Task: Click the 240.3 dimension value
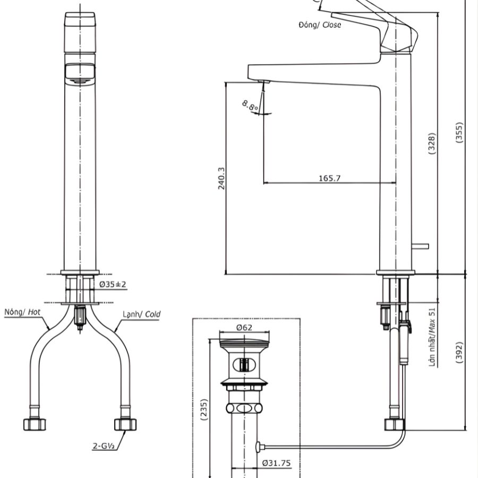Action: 221,178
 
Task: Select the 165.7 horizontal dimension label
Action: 329,178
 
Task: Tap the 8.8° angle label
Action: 250,105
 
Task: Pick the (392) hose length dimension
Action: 460,352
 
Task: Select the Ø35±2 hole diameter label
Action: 113,285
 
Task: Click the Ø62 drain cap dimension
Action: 244,328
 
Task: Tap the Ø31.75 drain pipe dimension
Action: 276,463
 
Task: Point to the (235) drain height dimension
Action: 204,410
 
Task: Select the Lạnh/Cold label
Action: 141,314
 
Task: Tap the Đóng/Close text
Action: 320,24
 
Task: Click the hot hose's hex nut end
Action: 35,424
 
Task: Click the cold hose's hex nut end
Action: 125,424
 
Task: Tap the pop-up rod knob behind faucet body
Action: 422,246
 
